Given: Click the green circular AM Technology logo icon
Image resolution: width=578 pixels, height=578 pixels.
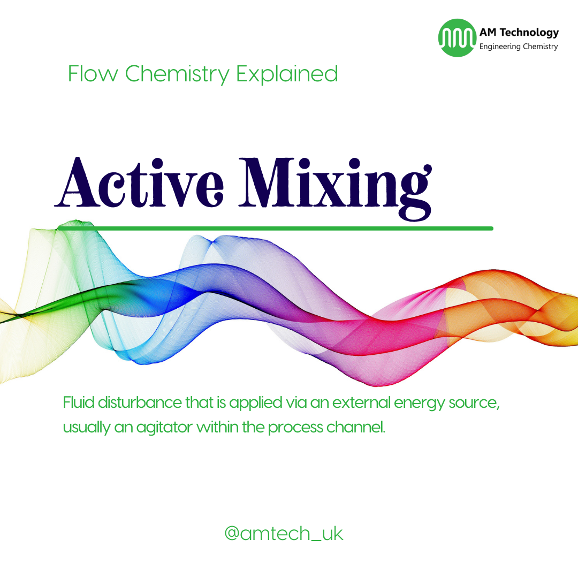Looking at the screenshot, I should (x=457, y=38).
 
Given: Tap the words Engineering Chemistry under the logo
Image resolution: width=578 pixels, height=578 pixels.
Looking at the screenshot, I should (x=518, y=47).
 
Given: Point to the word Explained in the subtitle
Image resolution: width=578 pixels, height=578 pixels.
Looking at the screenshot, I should (x=287, y=74).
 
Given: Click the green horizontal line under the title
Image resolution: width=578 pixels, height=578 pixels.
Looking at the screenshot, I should (x=275, y=229).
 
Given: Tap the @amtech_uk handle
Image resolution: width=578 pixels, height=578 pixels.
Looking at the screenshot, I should (x=284, y=534).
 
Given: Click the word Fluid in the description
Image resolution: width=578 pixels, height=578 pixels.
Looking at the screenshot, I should (x=77, y=402).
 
